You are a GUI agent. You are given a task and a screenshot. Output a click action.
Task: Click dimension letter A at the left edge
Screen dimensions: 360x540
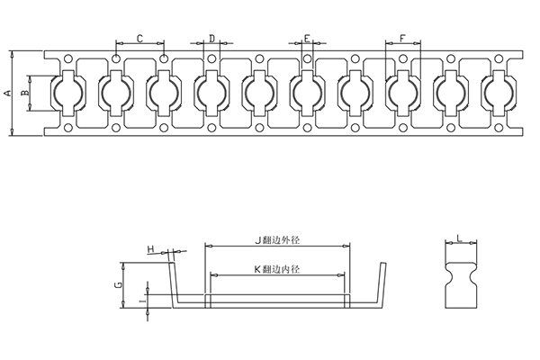point(7,93)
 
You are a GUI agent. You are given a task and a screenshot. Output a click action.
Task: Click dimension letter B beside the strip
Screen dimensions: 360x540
point(24,93)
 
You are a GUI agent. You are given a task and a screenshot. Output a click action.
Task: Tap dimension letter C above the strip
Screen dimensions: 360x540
point(139,38)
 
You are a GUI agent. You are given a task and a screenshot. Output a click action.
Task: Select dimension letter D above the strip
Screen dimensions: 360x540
point(211,38)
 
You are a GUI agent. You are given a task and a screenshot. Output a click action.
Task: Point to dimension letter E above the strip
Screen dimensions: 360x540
point(307,38)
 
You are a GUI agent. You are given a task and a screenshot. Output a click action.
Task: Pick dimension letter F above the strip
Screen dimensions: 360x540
point(401,38)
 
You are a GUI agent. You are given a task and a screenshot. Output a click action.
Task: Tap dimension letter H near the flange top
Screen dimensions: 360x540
point(151,247)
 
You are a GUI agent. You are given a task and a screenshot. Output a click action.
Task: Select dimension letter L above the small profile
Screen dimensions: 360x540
point(460,238)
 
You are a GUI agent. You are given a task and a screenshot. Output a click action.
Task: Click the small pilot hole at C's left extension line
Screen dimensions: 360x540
point(117,59)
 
